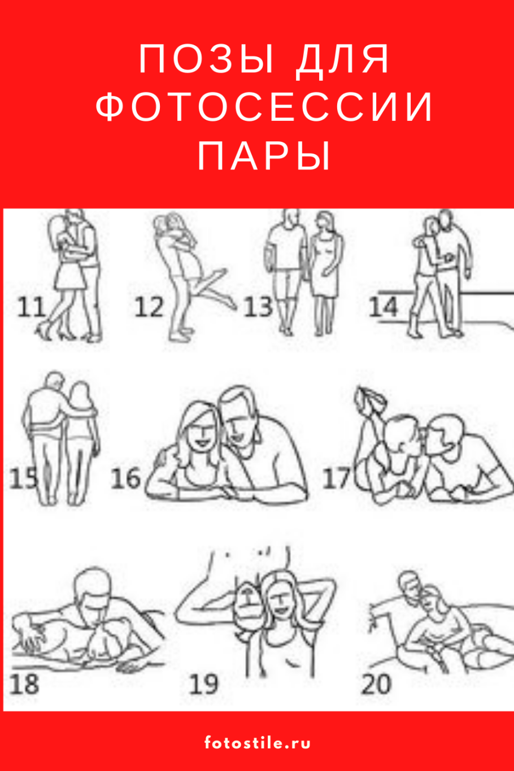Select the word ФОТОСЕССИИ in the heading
(x=264, y=106)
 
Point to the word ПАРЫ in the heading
(x=264, y=155)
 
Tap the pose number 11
(x=31, y=308)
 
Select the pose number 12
(x=149, y=308)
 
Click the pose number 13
(x=258, y=308)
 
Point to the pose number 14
(x=384, y=308)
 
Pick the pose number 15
(x=23, y=479)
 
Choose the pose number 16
(x=125, y=478)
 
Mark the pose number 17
(x=337, y=478)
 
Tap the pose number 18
(x=24, y=684)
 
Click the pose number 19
(x=203, y=684)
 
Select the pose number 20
(x=376, y=684)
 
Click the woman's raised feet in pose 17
(x=370, y=399)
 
